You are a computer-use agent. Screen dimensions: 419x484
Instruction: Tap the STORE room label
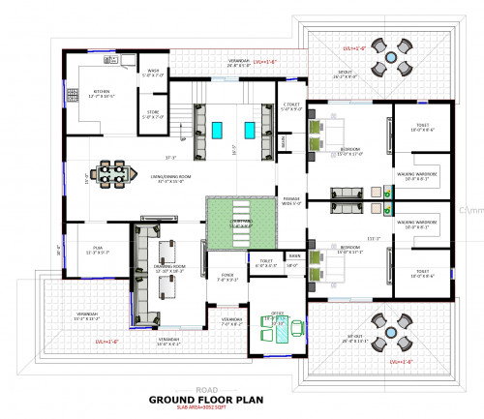coord(153,114)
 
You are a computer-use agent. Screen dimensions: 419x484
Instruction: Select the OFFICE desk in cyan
coord(279,328)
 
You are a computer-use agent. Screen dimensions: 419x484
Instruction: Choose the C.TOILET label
coord(289,106)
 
